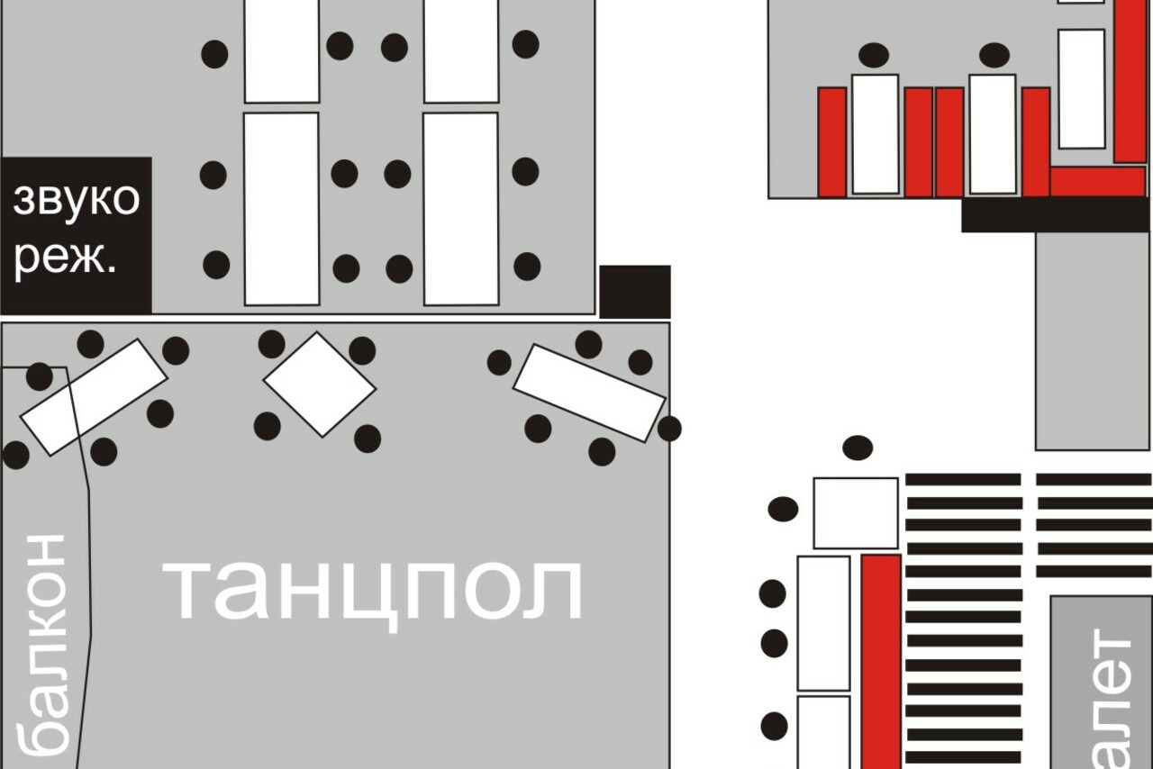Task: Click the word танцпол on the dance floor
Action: coord(373,590)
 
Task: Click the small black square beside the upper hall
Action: coord(635,291)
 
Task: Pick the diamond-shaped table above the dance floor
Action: coord(319,384)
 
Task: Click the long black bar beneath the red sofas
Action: coord(1055,214)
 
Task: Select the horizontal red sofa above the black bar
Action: coord(1096,181)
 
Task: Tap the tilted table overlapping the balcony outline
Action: coord(94,397)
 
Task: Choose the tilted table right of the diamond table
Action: coord(589,394)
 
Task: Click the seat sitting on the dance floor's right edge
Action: coord(669,429)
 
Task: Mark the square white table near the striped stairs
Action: coord(856,512)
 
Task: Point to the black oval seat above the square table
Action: coord(858,448)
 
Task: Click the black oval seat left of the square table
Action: coord(783,509)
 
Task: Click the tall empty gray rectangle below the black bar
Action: coord(1093,340)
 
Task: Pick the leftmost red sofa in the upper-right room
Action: coord(832,142)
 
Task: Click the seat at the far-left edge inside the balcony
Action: coord(15,455)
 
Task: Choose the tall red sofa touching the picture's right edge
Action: coord(1130,81)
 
